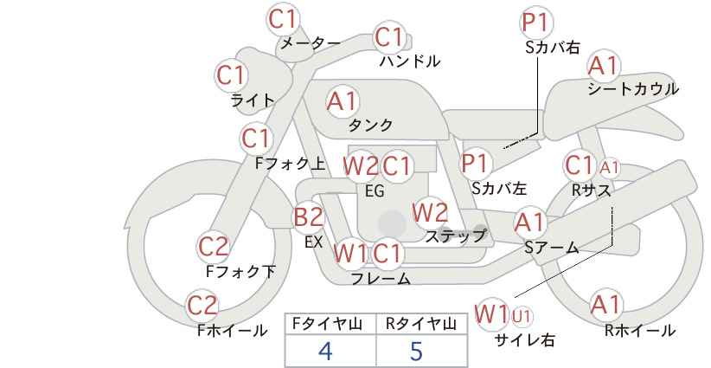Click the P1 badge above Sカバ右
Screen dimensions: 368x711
click(536, 23)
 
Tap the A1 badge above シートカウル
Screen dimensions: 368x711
click(603, 66)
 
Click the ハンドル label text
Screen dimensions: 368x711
click(410, 61)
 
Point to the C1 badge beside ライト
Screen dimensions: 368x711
click(231, 75)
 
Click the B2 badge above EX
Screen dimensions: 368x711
click(309, 216)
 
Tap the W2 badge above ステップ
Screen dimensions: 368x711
click(430, 211)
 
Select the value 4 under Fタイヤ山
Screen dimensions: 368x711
click(325, 351)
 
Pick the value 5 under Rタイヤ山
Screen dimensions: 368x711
click(417, 351)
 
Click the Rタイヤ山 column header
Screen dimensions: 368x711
click(420, 324)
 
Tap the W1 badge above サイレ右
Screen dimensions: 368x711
click(491, 313)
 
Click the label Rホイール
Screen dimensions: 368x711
click(639, 330)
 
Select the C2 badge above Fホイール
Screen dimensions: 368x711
click(203, 305)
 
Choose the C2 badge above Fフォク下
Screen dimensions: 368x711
click(214, 247)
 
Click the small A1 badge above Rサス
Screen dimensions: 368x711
click(609, 167)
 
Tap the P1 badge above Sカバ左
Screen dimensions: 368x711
click(475, 162)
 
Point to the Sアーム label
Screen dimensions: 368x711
click(551, 248)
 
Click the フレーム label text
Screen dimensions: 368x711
click(381, 279)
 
